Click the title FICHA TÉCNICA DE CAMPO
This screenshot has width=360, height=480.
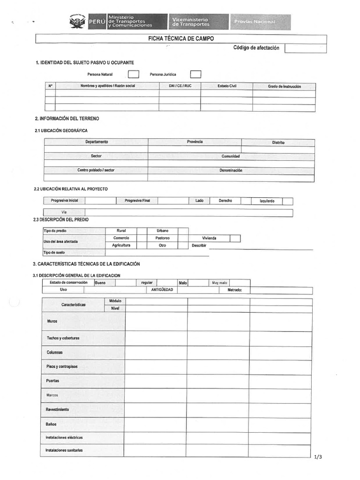click(x=181, y=39)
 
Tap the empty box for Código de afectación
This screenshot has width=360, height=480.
click(x=305, y=48)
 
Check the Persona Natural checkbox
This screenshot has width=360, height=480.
click(x=134, y=74)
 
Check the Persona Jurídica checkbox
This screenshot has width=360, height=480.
click(x=195, y=74)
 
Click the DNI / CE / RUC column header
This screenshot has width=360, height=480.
click(x=180, y=86)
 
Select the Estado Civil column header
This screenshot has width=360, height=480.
click(x=227, y=86)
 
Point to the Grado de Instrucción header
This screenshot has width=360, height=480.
click(x=284, y=86)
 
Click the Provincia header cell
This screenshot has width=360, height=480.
click(x=195, y=142)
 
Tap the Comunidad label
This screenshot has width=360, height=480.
click(x=231, y=156)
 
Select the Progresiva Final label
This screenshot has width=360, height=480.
click(x=137, y=201)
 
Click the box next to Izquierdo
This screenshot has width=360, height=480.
click(x=287, y=201)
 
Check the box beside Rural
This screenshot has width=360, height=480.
click(x=142, y=231)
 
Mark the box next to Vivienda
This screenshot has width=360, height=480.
click(x=235, y=238)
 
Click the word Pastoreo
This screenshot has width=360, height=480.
click(x=162, y=238)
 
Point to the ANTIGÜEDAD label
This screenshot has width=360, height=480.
click(x=162, y=290)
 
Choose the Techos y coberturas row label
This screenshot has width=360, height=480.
click(x=63, y=338)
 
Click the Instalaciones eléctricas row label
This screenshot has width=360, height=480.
click(x=64, y=437)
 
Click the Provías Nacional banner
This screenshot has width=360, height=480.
click(x=260, y=22)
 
